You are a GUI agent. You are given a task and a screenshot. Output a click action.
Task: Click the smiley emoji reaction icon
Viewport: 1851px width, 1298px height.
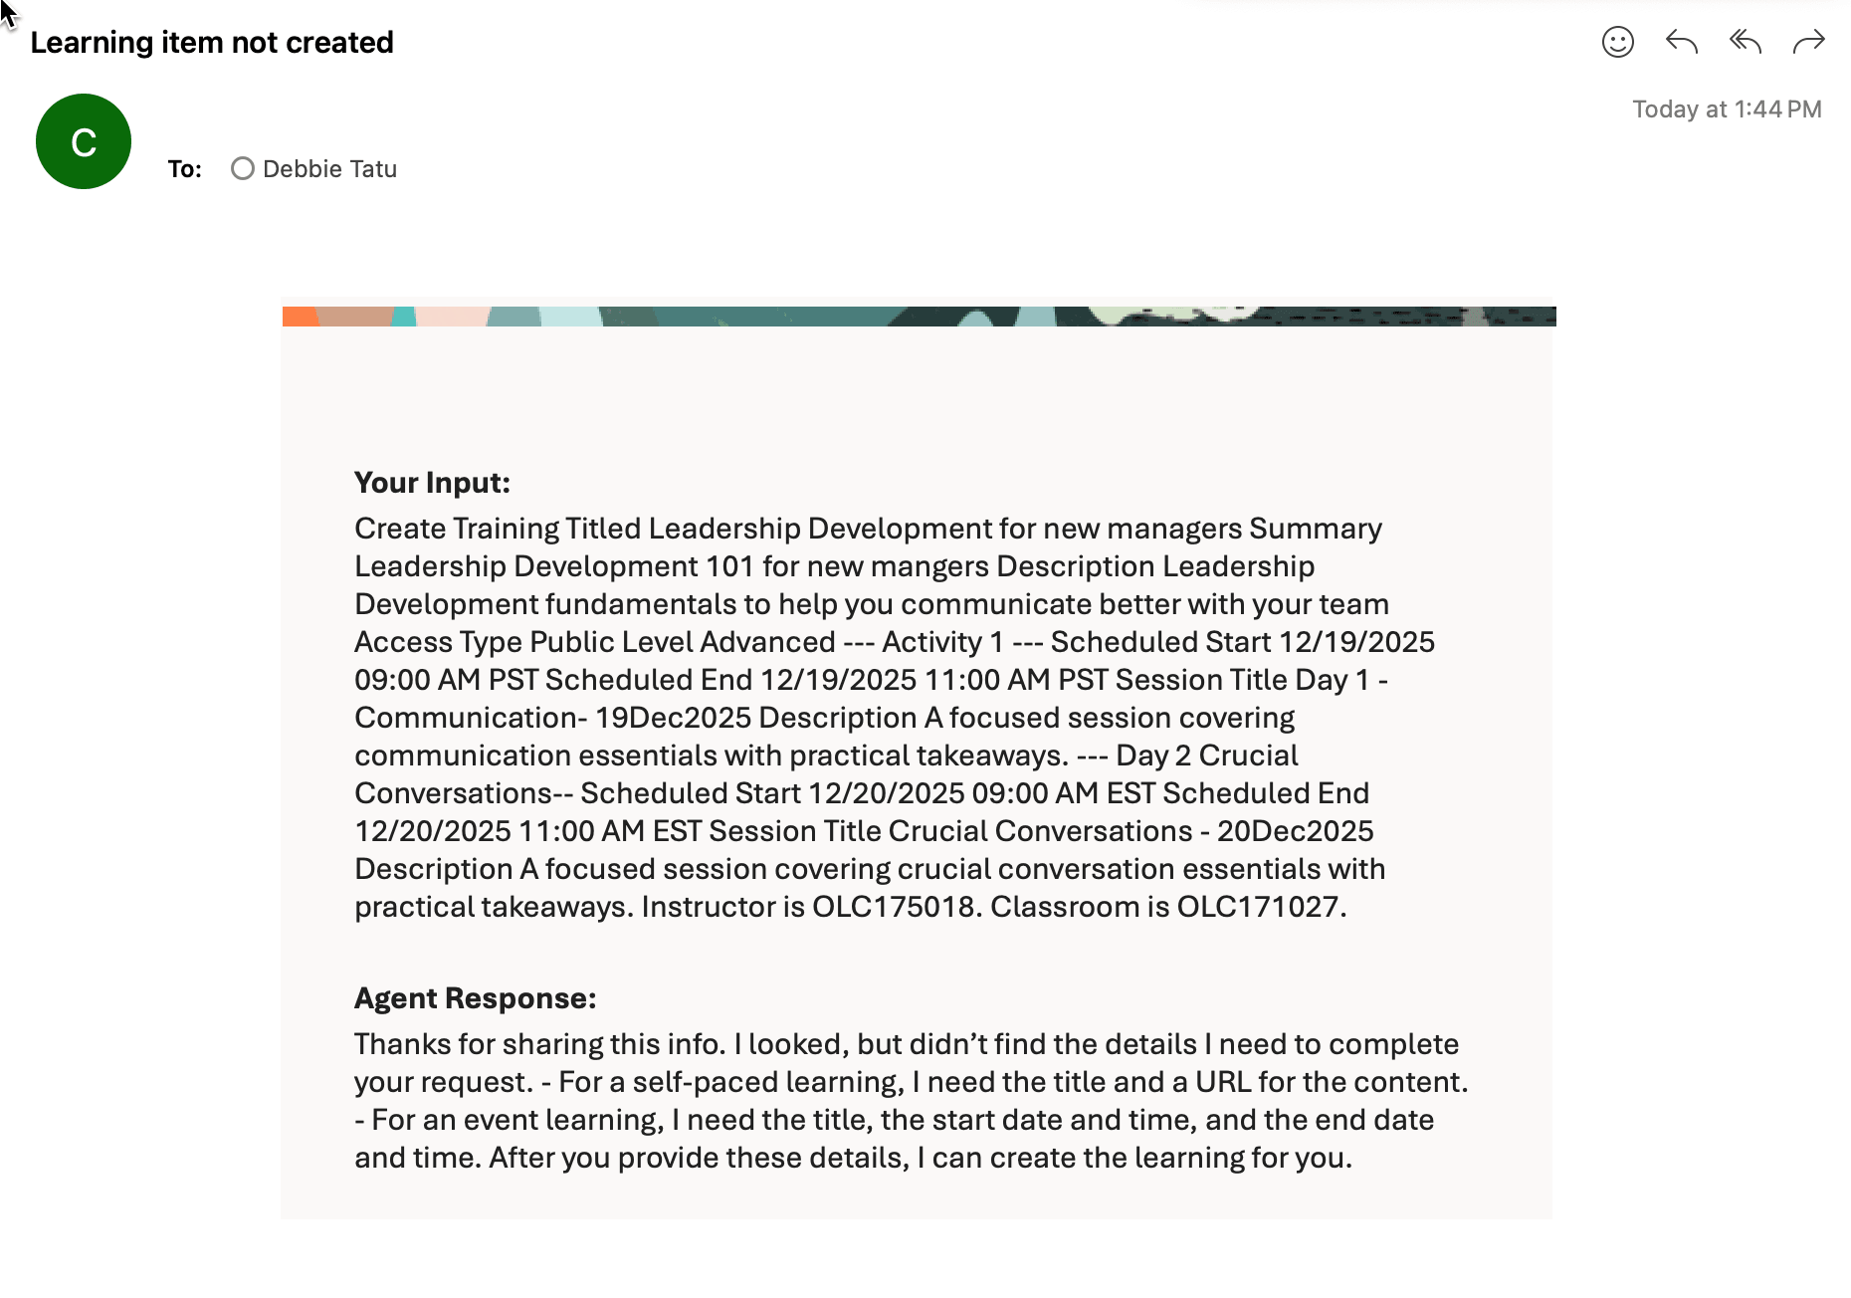click(x=1617, y=42)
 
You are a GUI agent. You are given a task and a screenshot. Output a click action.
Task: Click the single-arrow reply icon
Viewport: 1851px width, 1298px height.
click(x=1681, y=42)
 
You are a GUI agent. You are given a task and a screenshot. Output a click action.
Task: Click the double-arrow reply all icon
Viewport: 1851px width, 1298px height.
click(x=1745, y=42)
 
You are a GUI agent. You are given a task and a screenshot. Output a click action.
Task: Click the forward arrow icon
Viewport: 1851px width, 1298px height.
click(x=1808, y=42)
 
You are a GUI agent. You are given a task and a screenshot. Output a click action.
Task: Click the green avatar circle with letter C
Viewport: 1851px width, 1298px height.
click(x=84, y=141)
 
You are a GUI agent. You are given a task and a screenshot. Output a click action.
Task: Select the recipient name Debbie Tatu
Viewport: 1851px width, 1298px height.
click(x=329, y=169)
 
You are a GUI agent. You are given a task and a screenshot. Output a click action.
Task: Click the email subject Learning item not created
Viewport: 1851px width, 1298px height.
click(x=212, y=43)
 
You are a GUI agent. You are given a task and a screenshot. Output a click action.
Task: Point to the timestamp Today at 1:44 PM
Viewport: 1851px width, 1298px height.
click(x=1727, y=109)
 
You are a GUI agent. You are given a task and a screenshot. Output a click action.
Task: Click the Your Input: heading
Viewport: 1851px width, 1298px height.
click(x=432, y=483)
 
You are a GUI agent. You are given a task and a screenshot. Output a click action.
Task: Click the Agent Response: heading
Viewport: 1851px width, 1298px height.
click(x=475, y=998)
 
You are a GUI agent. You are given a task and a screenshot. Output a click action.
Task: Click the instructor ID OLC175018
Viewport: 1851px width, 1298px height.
click(x=894, y=907)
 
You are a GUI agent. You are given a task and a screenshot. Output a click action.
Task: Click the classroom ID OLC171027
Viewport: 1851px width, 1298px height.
click(x=1258, y=907)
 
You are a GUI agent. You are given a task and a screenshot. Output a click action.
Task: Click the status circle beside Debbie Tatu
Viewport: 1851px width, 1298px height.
click(x=243, y=169)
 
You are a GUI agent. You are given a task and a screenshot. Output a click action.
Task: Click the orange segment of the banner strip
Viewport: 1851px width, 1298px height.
click(x=299, y=317)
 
